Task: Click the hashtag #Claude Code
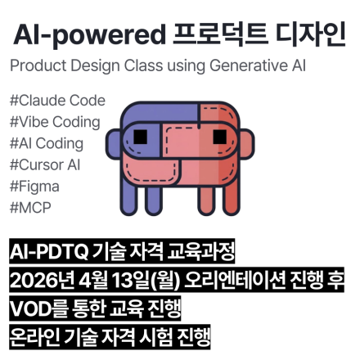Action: click(57, 101)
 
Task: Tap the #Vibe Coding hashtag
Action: click(55, 123)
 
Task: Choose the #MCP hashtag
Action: click(30, 207)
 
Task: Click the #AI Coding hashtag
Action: click(47, 144)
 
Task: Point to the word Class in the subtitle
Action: click(155, 66)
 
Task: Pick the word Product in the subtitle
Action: click(37, 66)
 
